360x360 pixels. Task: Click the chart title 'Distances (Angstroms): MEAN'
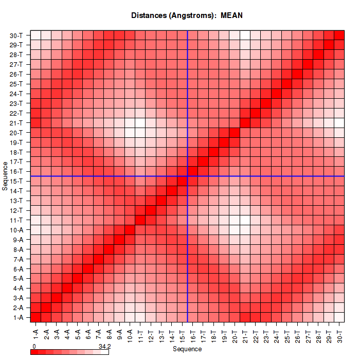(x=187, y=15)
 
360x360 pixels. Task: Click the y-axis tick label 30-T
(x=16, y=35)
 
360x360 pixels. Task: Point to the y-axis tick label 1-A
(x=17, y=317)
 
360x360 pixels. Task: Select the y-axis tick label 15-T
(x=16, y=181)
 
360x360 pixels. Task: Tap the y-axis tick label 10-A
(x=16, y=230)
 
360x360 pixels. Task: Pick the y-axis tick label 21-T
(x=16, y=123)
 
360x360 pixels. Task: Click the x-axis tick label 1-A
(x=36, y=332)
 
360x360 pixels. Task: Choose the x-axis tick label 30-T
(x=339, y=332)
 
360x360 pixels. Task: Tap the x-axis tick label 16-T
(x=193, y=332)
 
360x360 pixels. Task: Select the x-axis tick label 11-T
(x=141, y=332)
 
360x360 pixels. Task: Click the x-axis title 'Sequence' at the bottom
(x=187, y=349)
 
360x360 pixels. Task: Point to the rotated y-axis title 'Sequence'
(x=5, y=175)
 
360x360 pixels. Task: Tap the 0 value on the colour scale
(x=34, y=347)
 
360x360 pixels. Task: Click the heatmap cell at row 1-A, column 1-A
(x=36, y=317)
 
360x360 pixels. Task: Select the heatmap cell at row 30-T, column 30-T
(x=339, y=35)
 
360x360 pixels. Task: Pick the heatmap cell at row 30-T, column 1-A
(x=36, y=35)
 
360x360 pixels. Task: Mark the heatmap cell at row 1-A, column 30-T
(x=339, y=317)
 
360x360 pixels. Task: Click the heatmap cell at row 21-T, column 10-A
(x=130, y=123)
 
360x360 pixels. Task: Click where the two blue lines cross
(x=188, y=176)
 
